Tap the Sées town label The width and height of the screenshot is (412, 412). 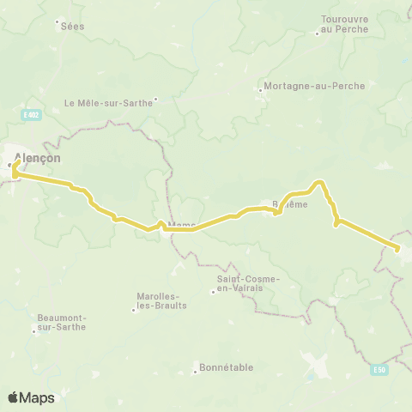(73, 27)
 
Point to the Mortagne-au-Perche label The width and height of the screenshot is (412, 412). (314, 86)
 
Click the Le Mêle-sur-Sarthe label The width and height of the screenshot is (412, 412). (108, 102)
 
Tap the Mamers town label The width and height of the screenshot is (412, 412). (182, 227)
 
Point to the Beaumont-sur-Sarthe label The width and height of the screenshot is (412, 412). (61, 323)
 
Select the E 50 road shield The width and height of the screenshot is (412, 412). (379, 370)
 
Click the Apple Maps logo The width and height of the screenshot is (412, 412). (31, 397)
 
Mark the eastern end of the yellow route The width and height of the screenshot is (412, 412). (397, 249)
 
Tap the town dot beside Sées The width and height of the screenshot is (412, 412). (57, 21)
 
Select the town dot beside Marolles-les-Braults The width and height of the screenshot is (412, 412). (133, 309)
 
